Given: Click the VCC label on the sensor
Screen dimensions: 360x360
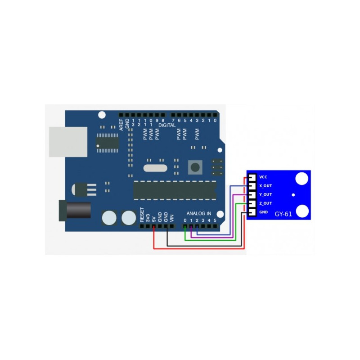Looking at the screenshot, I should [x=263, y=177].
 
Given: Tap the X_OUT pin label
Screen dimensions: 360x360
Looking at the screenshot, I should [x=265, y=186].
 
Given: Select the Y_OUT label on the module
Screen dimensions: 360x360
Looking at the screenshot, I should [x=265, y=195].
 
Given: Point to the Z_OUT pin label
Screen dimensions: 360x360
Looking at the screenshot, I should [x=265, y=203].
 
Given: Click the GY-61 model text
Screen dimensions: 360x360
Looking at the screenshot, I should [x=283, y=214].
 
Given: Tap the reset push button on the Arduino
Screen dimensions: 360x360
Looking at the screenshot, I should [x=195, y=167].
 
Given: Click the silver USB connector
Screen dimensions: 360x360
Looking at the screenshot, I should [x=68, y=142].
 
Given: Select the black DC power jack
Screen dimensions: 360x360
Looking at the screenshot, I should [x=75, y=210].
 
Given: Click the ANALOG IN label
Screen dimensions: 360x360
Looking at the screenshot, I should [x=199, y=213].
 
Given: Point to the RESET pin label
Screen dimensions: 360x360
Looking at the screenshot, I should [x=142, y=215].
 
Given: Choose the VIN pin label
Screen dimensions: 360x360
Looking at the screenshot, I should [x=172, y=217].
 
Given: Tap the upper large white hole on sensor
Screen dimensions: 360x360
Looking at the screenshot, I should [x=301, y=178].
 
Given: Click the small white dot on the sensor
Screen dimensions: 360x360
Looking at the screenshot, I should [x=293, y=195].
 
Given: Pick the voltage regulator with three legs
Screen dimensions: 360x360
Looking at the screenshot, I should [x=85, y=189].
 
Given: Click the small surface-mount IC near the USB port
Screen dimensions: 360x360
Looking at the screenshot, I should [x=107, y=142].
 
